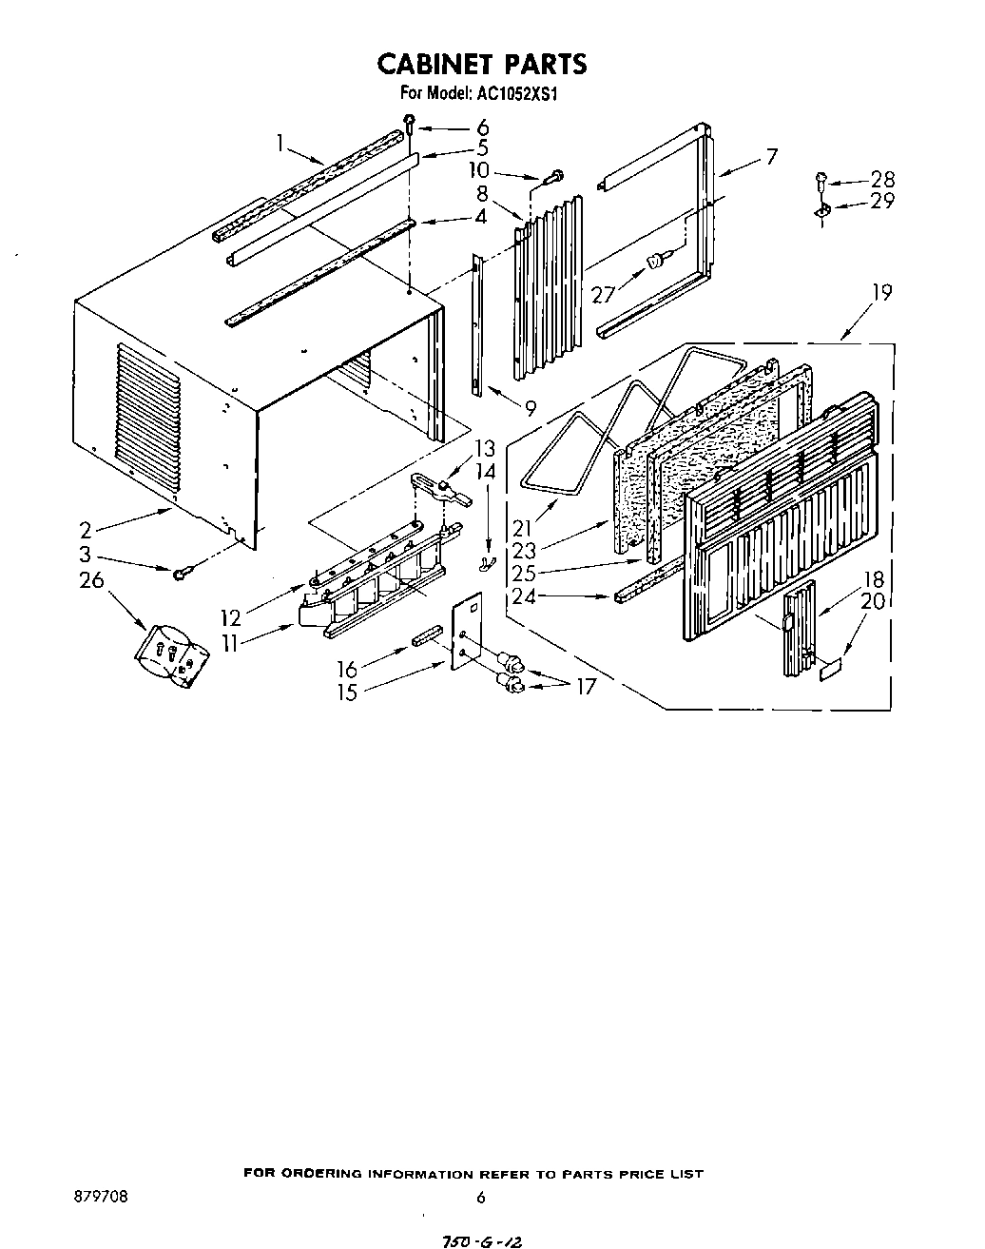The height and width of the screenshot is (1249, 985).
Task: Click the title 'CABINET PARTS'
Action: (482, 64)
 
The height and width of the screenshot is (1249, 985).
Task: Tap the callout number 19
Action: (881, 293)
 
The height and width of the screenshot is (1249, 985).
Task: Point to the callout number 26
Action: (91, 579)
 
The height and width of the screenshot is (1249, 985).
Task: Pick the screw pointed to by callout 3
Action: (181, 572)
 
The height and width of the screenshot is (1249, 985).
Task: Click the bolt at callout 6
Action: (409, 122)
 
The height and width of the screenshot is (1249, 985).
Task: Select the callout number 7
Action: (771, 156)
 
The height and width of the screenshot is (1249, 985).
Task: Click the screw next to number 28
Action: (821, 179)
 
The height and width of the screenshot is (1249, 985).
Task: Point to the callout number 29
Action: (881, 201)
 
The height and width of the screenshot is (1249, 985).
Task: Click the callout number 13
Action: (485, 448)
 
